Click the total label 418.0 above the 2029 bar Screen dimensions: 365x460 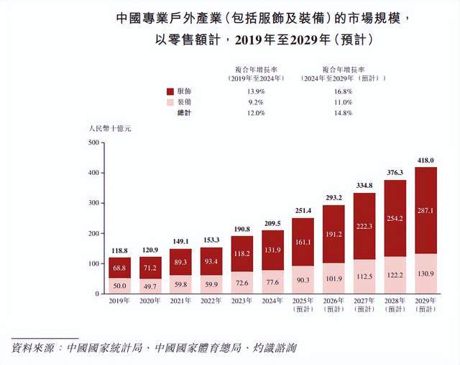pyautogui.click(x=425, y=161)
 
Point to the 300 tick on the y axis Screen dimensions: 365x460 pyautogui.click(x=92, y=204)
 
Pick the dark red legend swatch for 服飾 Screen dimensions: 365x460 pyautogui.click(x=170, y=92)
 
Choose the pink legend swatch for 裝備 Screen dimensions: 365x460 pyautogui.click(x=170, y=103)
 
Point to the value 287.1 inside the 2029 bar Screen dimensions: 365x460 pyautogui.click(x=425, y=210)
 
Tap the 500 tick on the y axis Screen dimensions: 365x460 pyautogui.click(x=92, y=143)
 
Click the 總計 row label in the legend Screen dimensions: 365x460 pyautogui.click(x=185, y=113)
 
